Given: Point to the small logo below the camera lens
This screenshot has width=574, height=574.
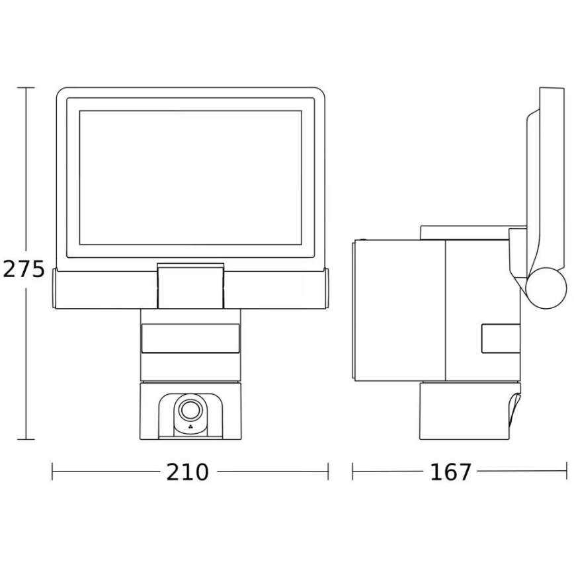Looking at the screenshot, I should tap(190, 428).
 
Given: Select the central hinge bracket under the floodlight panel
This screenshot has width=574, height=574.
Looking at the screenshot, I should tap(190, 286).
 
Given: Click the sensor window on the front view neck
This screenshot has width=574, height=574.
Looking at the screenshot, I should tap(190, 338).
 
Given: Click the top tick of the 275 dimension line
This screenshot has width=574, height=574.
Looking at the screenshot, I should tap(26, 88).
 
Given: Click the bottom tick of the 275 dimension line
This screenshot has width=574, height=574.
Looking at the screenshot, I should tap(26, 439).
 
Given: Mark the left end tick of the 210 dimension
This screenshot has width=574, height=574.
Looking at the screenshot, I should tap(53, 471).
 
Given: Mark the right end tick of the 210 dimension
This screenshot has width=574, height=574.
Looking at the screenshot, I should tap(328, 471).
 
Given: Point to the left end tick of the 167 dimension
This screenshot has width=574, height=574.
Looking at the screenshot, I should tap(352, 471).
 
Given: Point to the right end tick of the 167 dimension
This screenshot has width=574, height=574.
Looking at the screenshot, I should tap(567, 471).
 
